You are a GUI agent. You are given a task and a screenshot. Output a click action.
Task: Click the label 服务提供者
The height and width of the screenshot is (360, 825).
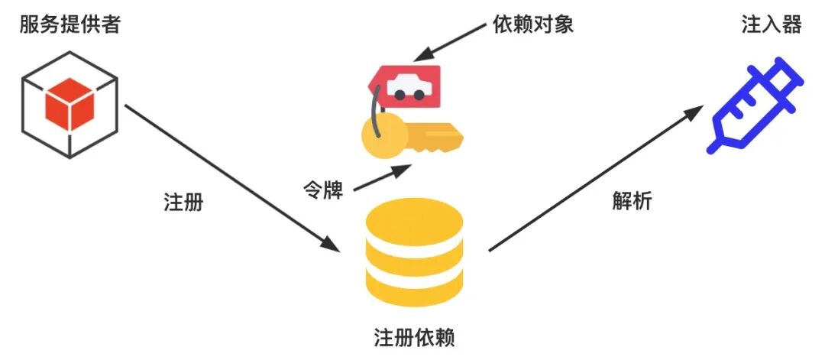point(70,25)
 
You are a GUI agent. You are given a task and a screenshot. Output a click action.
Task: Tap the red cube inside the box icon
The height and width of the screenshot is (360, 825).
point(69,106)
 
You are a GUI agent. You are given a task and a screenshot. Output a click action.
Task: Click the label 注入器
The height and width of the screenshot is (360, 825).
point(771,25)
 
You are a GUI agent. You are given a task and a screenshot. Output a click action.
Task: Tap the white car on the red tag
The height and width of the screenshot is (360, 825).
point(408,88)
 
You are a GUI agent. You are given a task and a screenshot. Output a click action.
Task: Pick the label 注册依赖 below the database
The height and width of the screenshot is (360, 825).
point(414,337)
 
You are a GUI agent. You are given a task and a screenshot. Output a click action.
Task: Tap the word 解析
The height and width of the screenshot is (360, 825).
point(632,200)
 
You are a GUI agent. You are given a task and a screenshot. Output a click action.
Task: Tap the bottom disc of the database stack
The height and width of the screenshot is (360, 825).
point(414,287)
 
